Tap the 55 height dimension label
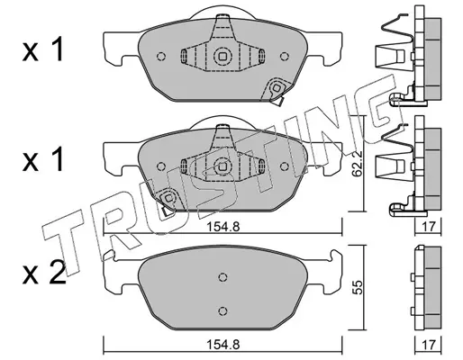[358, 287]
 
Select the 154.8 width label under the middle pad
[222, 227]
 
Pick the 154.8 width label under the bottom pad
[222, 345]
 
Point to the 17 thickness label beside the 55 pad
[428, 345]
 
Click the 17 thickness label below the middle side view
[428, 227]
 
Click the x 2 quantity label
[44, 273]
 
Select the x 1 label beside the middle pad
[43, 159]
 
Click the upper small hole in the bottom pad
[222, 277]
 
